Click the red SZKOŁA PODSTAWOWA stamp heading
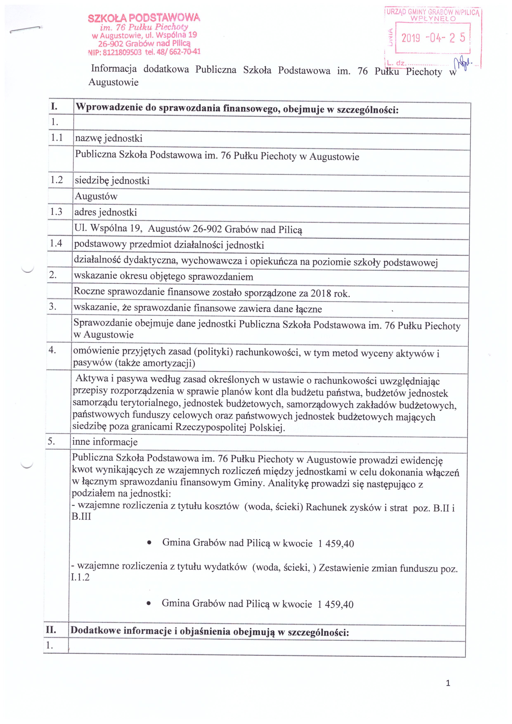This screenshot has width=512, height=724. pyautogui.click(x=144, y=18)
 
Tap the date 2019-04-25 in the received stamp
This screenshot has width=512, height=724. pyautogui.click(x=433, y=38)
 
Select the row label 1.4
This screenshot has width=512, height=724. pyautogui.click(x=56, y=243)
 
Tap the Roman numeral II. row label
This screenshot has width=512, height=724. pyautogui.click(x=51, y=630)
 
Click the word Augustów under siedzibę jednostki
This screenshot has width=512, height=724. pyautogui.click(x=96, y=197)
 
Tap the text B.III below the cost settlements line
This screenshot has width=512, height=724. pyautogui.click(x=81, y=517)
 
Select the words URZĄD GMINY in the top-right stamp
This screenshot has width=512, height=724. pyautogui.click(x=407, y=12)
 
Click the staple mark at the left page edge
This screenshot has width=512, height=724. pyautogui.click(x=26, y=30)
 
